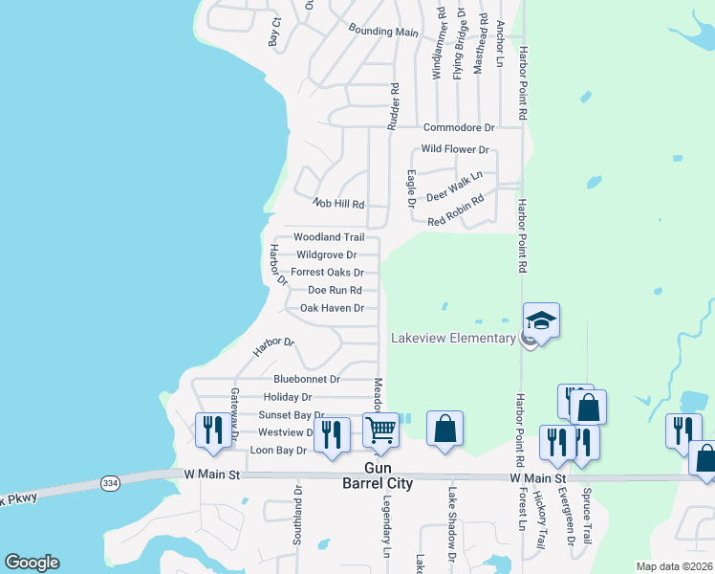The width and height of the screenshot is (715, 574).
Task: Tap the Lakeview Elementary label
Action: click(x=453, y=338)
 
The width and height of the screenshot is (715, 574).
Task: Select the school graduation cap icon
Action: click(x=541, y=320)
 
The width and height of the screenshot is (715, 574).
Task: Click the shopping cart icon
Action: click(x=380, y=430)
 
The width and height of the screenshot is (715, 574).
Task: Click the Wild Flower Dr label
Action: click(x=455, y=149)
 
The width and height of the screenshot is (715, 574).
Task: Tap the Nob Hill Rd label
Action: click(x=339, y=204)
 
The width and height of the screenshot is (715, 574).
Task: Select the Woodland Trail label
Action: click(x=329, y=237)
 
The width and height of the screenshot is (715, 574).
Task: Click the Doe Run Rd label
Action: click(x=335, y=290)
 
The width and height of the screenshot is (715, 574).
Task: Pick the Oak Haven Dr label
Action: click(x=332, y=308)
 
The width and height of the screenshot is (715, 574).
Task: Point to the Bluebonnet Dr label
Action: click(x=307, y=379)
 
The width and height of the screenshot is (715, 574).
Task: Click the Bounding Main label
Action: click(x=383, y=32)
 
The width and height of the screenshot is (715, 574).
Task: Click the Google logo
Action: click(x=32, y=563)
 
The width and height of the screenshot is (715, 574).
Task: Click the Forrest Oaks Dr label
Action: click(x=327, y=273)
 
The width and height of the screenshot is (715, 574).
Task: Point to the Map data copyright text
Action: click(x=674, y=566)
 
